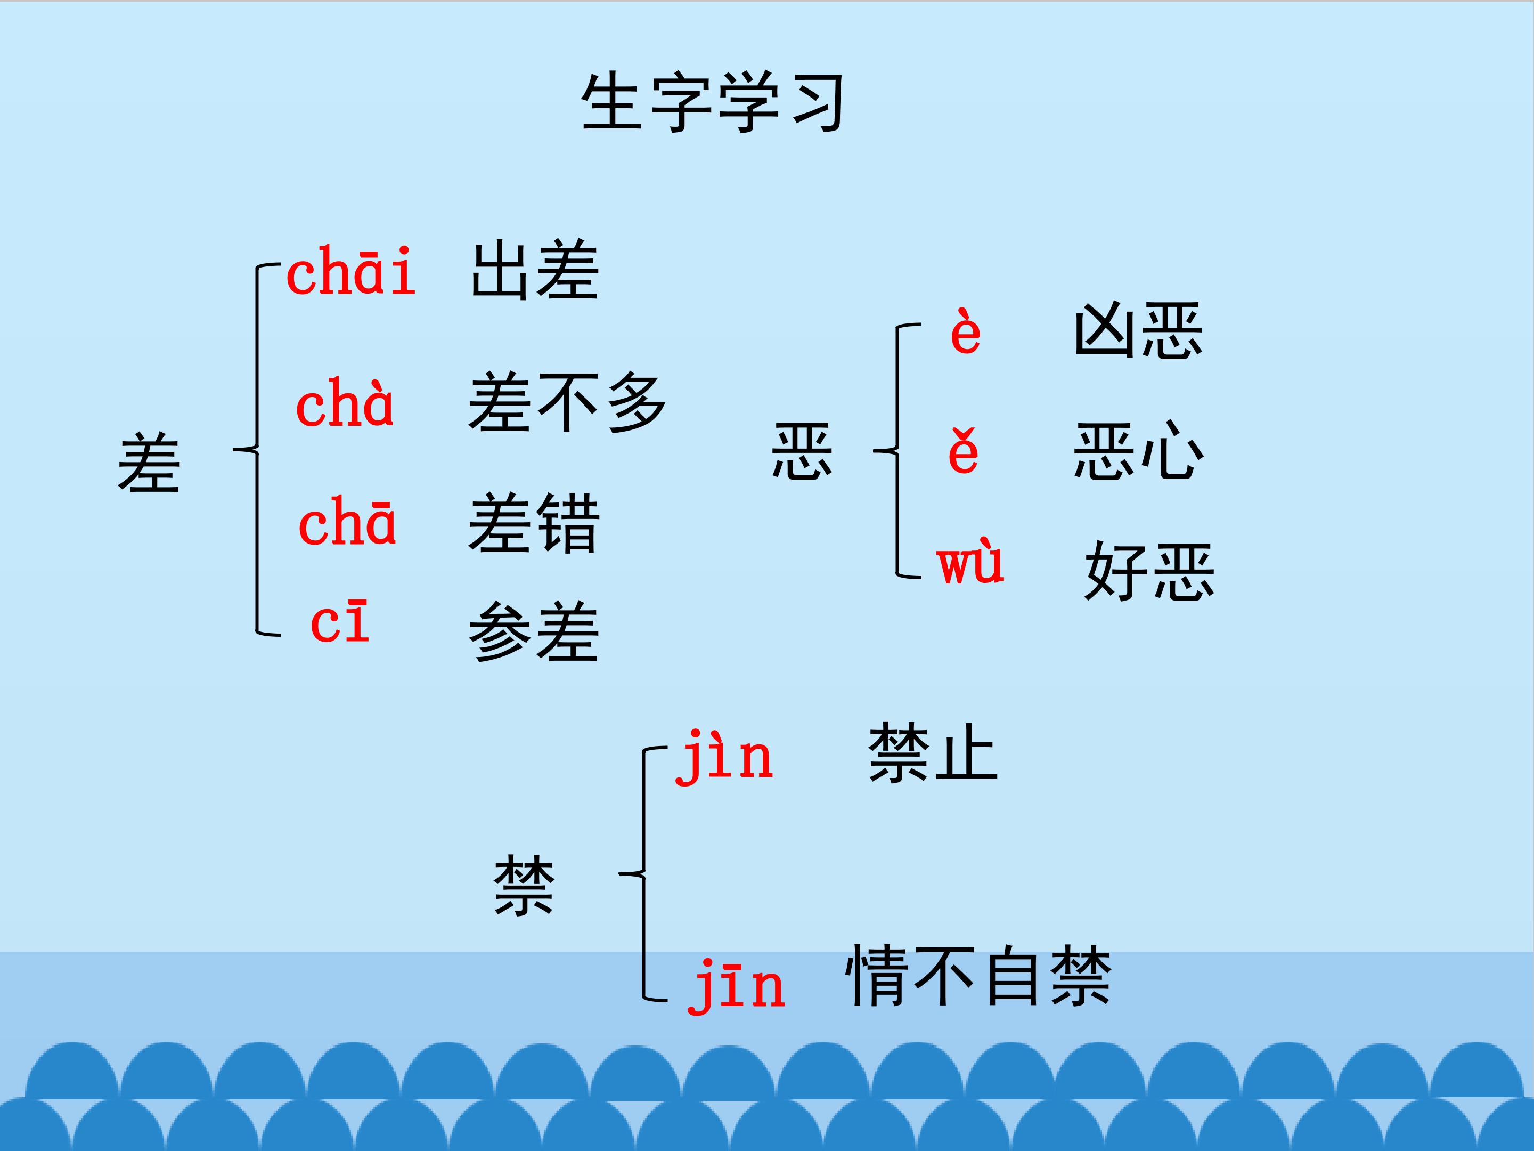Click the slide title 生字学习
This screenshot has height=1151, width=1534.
pos(713,103)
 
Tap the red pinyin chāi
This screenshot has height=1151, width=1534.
pos(351,271)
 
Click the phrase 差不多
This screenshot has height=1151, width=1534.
pos(567,402)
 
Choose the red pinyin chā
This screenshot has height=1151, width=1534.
pos(347,522)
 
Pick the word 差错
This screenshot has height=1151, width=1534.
pos(534,523)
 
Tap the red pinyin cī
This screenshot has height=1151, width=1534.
pos(340,622)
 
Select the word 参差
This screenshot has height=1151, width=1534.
pos(534,631)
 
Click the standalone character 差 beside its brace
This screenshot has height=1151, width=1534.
pos(149,462)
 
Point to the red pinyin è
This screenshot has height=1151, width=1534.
pos(965,333)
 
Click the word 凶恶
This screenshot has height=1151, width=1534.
pos(1138,331)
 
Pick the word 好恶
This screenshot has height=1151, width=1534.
pos(1149,571)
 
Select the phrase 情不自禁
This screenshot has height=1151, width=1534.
pos(978,976)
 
